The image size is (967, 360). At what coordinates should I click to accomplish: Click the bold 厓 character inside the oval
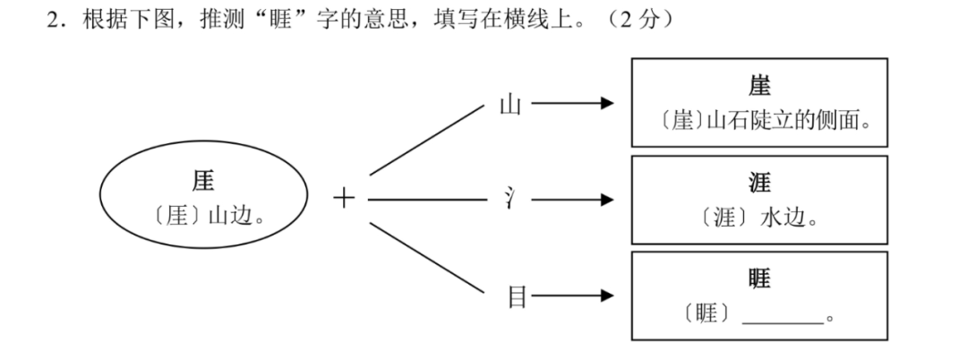203,181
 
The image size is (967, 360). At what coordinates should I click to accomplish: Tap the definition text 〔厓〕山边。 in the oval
203,216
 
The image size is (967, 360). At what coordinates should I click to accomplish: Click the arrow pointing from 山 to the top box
573,105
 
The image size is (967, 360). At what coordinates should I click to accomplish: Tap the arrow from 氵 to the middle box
573,199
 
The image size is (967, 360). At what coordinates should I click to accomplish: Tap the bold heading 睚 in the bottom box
759,279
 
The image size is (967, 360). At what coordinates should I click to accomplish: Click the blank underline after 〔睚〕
783,316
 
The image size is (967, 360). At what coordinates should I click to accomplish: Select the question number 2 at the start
52,20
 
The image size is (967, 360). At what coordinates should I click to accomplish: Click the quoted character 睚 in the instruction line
272,20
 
